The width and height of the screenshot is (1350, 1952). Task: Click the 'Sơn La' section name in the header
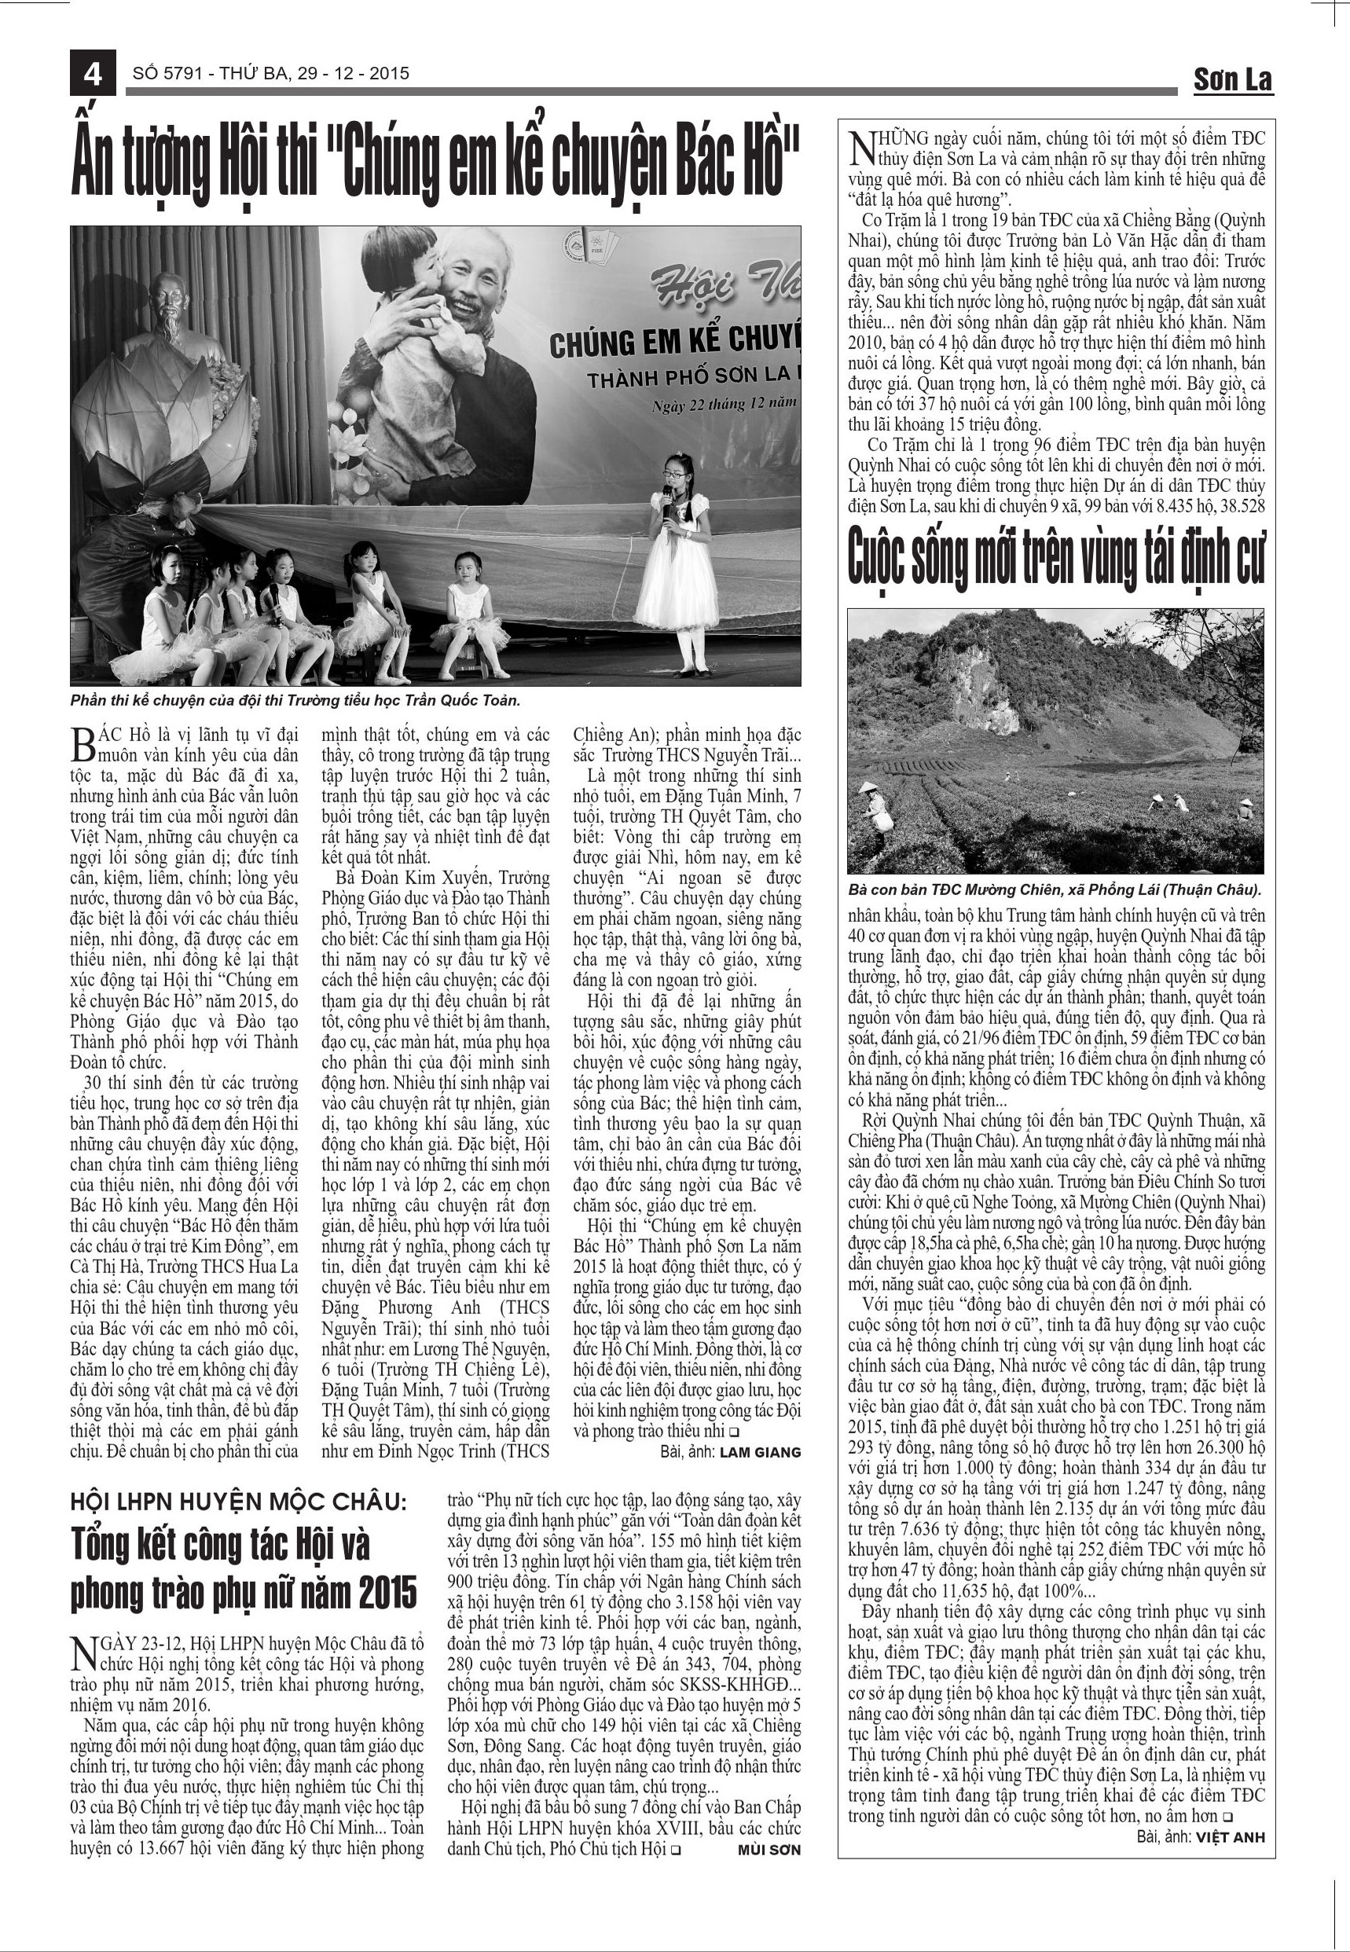click(1232, 79)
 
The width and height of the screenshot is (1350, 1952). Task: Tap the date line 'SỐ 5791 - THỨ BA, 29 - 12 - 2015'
click(270, 74)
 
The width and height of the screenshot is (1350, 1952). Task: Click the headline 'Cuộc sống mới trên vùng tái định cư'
click(1055, 556)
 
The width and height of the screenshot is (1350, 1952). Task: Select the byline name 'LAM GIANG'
click(761, 1452)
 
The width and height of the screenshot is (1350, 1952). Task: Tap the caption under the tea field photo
click(1055, 890)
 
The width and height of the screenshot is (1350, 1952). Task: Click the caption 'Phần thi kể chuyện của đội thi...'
click(295, 701)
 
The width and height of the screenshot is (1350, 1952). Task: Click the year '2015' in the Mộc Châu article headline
click(388, 1593)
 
